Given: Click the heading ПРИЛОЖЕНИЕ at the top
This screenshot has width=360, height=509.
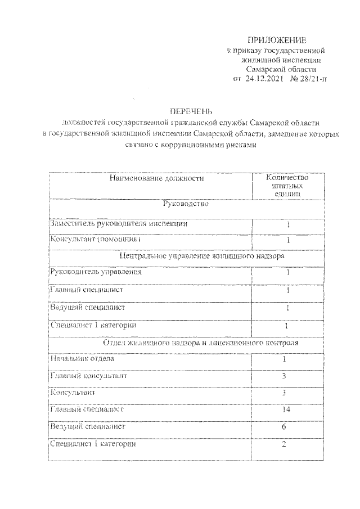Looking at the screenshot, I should click(277, 40).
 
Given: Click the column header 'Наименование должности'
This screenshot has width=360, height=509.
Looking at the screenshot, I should click(156, 178).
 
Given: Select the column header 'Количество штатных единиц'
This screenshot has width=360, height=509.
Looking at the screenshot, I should click(287, 185).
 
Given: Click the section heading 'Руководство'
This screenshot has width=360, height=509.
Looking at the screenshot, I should click(185, 204).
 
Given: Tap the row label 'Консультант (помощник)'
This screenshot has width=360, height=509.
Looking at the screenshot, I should click(95, 239).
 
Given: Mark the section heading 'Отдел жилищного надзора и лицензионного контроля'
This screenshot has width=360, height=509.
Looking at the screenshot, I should click(201, 342).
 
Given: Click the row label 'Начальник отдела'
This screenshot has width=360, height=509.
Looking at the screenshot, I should click(83, 358).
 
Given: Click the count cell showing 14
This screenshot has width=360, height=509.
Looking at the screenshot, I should click(285, 410).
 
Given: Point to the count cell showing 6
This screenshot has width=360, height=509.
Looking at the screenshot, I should click(285, 427).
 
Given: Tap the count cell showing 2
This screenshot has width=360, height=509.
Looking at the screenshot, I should click(285, 444).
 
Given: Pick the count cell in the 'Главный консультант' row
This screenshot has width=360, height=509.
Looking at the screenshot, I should click(285, 376).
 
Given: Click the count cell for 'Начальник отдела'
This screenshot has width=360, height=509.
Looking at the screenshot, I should click(285, 359).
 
